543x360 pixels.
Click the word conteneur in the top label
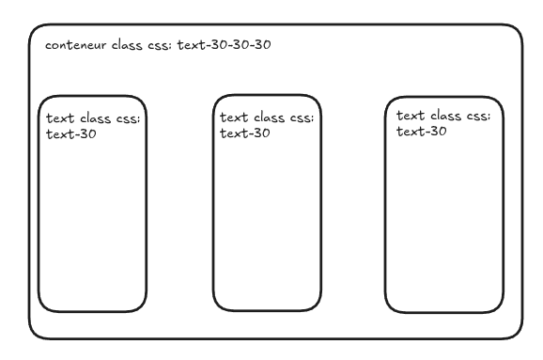(x=75, y=45)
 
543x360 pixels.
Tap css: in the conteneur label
(x=160, y=46)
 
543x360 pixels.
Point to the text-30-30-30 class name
(x=224, y=45)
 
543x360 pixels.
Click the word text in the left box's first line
(x=60, y=118)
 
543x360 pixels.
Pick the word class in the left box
(x=95, y=118)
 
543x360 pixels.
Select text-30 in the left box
(x=71, y=134)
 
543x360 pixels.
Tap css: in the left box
(x=128, y=119)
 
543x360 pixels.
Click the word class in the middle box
(x=269, y=117)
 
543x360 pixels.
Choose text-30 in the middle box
(x=245, y=133)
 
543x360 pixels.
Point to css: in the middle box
(x=302, y=118)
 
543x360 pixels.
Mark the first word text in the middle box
(x=234, y=117)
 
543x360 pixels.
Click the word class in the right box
(x=445, y=116)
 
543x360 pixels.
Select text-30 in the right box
(x=422, y=132)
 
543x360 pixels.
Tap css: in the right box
(x=478, y=117)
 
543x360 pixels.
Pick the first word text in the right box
(x=411, y=116)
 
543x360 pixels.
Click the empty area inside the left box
(x=92, y=222)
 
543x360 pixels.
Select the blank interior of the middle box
(x=267, y=222)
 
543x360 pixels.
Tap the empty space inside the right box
(x=444, y=222)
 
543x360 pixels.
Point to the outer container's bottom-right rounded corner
(x=517, y=334)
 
